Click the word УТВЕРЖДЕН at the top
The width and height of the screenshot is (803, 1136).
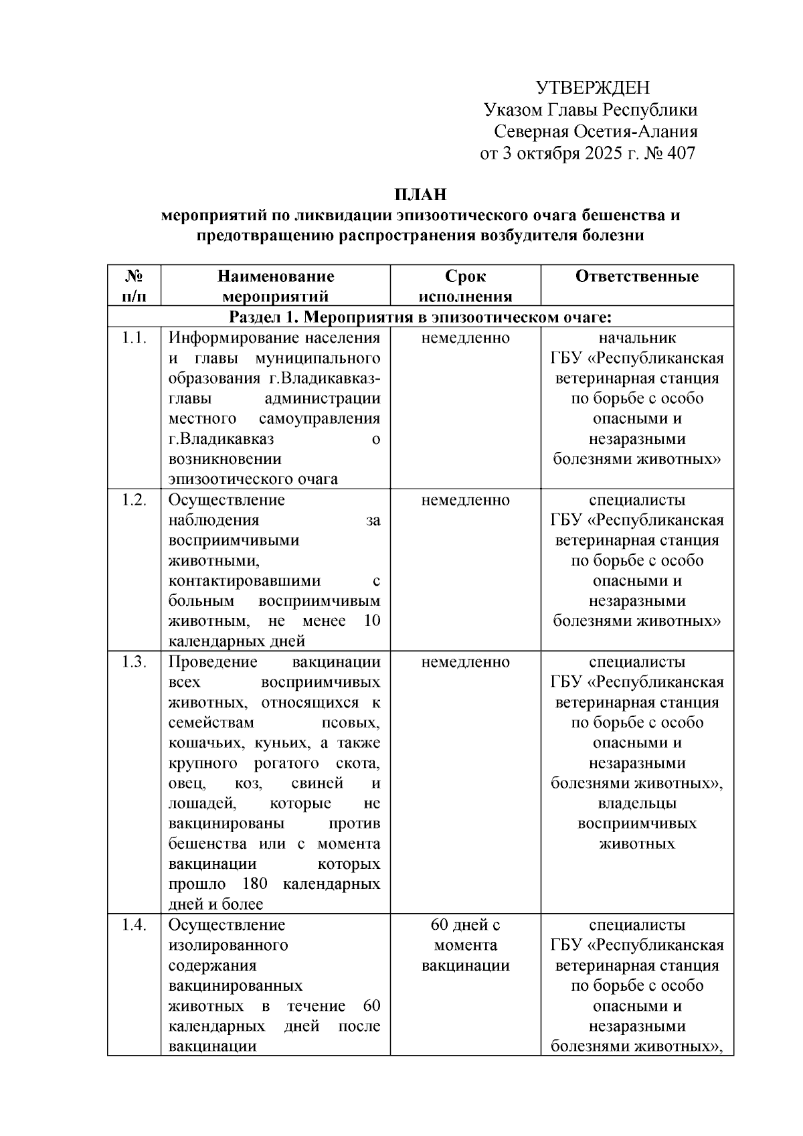[x=592, y=88]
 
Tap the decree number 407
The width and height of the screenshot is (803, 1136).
[x=681, y=153]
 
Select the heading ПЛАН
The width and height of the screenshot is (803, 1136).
[x=420, y=195]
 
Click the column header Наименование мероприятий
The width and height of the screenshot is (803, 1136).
[x=275, y=286]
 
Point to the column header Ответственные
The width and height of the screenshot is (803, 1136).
[x=636, y=276]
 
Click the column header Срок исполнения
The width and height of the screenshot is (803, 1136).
[x=465, y=286]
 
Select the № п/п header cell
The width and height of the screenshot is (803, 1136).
[x=134, y=286]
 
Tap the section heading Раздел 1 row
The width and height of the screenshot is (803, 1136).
[x=420, y=316]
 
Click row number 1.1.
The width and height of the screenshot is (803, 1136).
[x=134, y=338]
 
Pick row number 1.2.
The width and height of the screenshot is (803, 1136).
[x=134, y=500]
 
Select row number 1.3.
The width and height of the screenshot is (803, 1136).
[x=134, y=662]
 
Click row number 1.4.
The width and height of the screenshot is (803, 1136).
[x=134, y=925]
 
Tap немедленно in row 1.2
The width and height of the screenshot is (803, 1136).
[x=465, y=500]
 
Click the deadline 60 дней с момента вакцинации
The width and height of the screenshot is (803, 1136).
[x=465, y=945]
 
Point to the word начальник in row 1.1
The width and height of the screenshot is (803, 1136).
[x=636, y=338]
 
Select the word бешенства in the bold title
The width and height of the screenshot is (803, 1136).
[x=622, y=216]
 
